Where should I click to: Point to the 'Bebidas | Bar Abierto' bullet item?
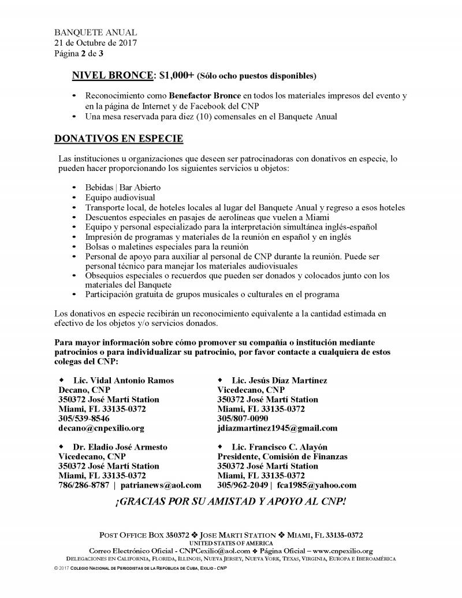123,188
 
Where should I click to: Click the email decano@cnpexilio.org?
101,428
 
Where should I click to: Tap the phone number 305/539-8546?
84,418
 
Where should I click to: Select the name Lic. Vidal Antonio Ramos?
123,380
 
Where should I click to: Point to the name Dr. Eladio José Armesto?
120,447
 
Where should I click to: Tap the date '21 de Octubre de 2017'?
95,43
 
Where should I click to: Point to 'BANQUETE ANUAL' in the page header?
95,33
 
